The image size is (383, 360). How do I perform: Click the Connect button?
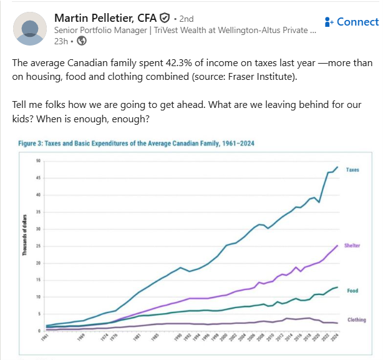coord(351,22)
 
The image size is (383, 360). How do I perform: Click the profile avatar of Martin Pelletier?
coord(30,28)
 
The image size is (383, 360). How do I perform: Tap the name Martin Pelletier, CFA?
coord(105,17)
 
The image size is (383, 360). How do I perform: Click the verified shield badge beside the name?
coord(165,17)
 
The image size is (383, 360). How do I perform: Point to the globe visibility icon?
coord(82,41)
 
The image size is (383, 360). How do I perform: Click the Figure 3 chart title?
coord(136,143)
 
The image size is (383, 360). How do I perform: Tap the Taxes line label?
coord(352,170)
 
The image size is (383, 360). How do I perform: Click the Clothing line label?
coord(356,320)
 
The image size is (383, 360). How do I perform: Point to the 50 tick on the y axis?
coord(37,161)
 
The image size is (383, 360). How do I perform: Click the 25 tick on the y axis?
coord(37,246)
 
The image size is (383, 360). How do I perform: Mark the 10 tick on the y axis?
coord(37,297)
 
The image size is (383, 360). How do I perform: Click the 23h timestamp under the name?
coord(61,41)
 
